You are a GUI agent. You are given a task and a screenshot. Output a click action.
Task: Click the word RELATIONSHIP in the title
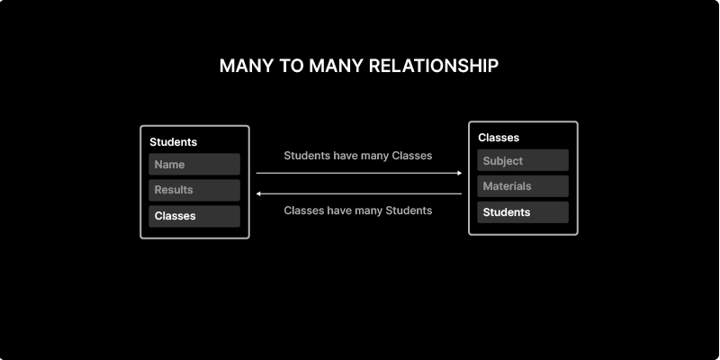(434, 66)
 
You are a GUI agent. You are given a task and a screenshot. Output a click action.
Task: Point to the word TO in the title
(292, 66)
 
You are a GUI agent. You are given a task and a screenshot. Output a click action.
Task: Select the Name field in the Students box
(194, 165)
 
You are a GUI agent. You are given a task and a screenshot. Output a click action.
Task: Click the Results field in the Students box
(194, 190)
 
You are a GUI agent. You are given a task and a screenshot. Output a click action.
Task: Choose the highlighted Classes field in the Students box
(194, 216)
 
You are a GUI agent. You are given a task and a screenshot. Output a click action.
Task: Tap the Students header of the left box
(173, 142)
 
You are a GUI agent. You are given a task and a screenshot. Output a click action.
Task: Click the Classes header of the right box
(499, 138)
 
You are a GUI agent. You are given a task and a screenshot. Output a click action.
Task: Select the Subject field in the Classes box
(523, 160)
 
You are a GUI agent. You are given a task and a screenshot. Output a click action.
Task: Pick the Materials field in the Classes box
(523, 186)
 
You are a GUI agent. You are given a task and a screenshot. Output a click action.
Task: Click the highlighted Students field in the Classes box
(523, 212)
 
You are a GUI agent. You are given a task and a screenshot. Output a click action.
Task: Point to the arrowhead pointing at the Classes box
(460, 173)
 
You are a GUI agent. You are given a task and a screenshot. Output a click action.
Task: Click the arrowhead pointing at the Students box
(258, 193)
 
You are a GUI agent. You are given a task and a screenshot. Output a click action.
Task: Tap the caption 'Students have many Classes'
(357, 156)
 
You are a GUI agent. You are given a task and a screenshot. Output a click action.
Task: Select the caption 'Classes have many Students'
(357, 211)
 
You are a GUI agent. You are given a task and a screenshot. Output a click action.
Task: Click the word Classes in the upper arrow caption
(412, 156)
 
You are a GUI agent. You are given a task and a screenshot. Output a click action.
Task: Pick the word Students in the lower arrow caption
(409, 211)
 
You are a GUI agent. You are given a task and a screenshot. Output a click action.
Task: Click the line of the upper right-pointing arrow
(359, 173)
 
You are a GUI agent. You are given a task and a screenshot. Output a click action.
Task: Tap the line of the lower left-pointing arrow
(359, 193)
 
